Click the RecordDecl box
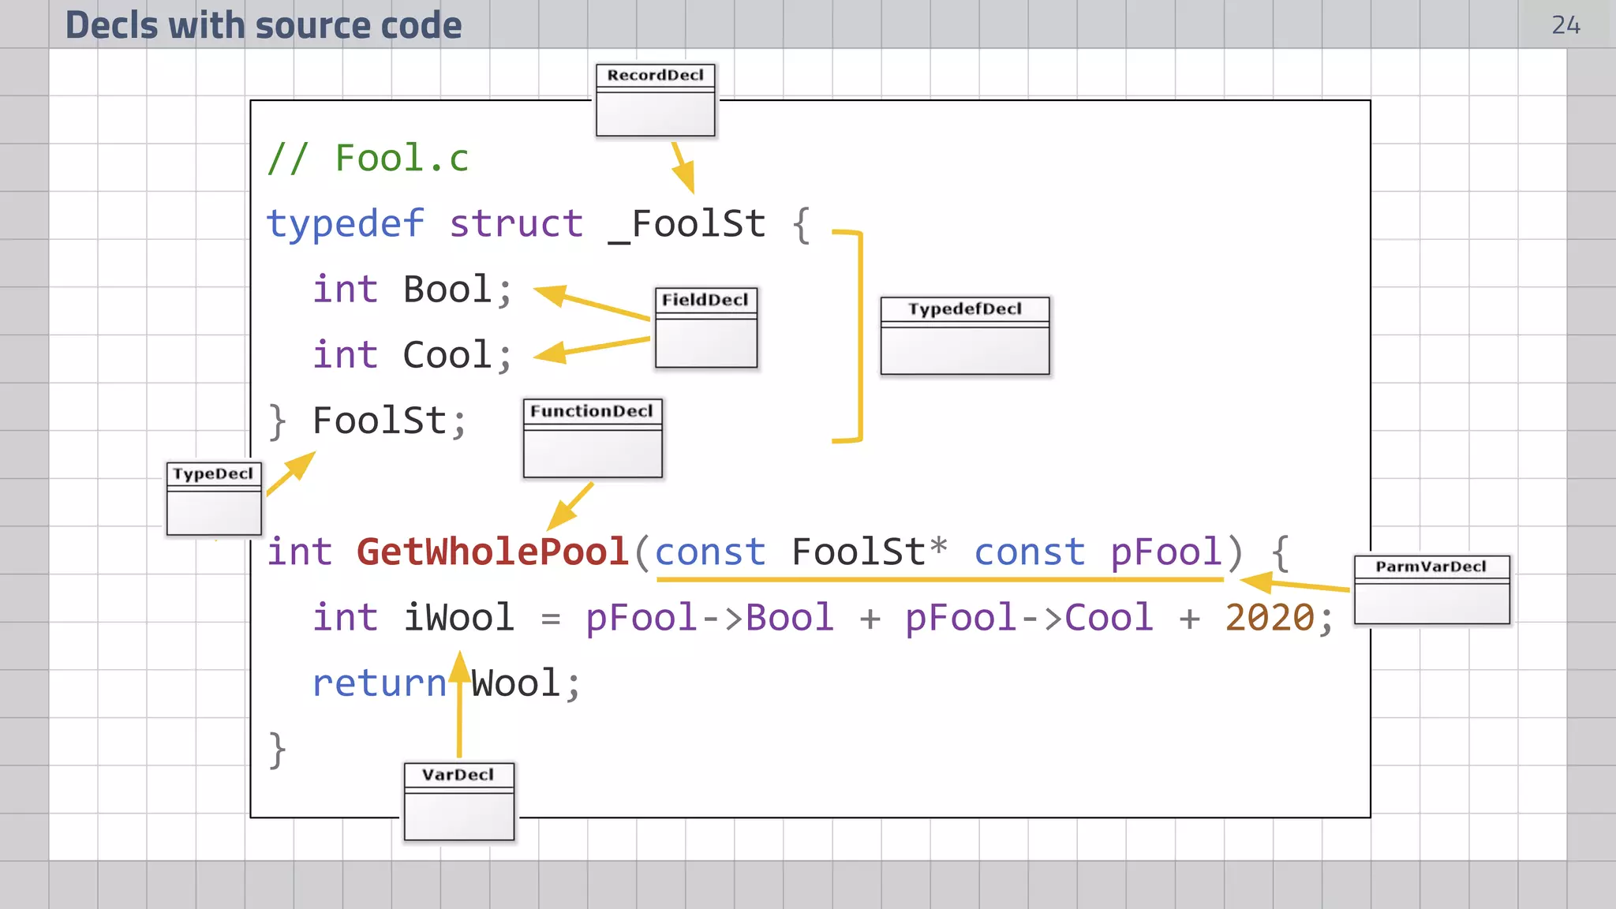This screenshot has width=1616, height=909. (655, 100)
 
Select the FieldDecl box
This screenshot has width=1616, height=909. (705, 327)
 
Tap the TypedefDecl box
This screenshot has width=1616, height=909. (964, 335)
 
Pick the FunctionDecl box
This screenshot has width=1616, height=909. (593, 438)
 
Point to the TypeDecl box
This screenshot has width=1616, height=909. (214, 499)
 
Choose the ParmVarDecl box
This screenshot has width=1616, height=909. (1431, 589)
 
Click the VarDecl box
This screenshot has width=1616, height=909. (458, 801)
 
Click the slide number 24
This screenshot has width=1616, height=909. (1565, 25)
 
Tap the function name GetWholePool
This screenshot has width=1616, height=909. (492, 552)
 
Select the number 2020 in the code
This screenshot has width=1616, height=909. (1269, 617)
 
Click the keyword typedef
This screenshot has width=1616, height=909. (346, 224)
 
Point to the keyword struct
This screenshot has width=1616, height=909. (516, 224)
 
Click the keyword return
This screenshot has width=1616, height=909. (380, 683)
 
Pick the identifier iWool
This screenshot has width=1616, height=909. (458, 617)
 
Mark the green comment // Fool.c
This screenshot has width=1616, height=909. (368, 158)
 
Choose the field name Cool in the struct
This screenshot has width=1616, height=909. (447, 355)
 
